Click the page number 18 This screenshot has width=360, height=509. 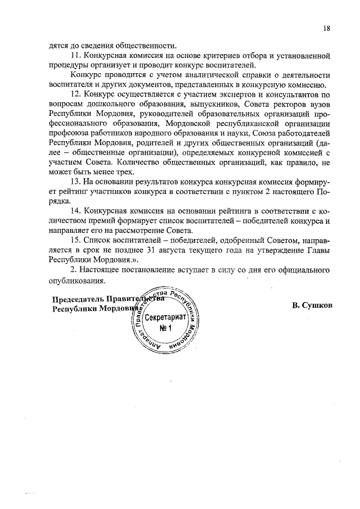point(326,28)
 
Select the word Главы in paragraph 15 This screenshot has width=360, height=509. point(317,250)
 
